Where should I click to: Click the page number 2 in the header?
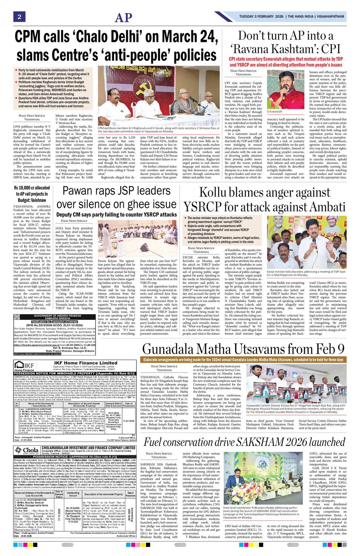(19, 17)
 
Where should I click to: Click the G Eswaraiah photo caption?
(274, 111)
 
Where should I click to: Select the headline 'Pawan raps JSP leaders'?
(117, 191)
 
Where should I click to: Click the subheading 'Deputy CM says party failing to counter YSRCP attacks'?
(117, 215)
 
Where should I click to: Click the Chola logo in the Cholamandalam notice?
(26, 450)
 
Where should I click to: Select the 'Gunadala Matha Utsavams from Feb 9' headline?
(243, 349)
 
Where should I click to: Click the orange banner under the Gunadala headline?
(243, 360)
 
